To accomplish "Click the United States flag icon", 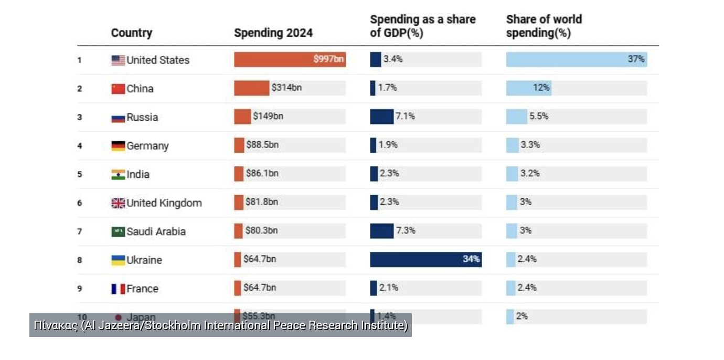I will [118, 60].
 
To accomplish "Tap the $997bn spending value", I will [328, 59].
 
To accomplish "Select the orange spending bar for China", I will [251, 88].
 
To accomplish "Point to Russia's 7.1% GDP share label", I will [405, 117].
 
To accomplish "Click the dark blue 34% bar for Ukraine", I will [425, 259].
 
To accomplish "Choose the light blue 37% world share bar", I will [576, 59].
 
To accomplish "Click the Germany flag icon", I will [118, 146].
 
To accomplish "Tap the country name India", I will [138, 174].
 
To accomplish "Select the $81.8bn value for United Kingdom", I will [262, 202].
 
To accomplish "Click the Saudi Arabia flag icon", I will [118, 231].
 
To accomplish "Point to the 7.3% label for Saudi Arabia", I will [406, 230].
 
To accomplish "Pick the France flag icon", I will [118, 289].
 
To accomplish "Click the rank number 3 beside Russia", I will [80, 118].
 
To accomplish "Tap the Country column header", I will [132, 33].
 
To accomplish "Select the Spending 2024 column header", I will [273, 33].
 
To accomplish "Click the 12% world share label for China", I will [541, 88].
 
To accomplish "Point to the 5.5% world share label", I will [539, 117].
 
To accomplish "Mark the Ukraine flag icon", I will [118, 260].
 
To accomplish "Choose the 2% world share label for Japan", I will [521, 316].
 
